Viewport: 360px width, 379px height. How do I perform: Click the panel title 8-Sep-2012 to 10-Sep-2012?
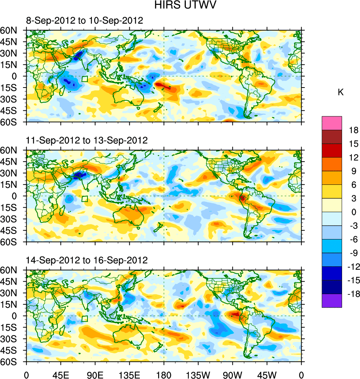84,21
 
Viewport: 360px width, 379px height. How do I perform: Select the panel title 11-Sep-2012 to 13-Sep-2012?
87,140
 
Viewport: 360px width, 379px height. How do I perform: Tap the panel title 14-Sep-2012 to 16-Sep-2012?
87,260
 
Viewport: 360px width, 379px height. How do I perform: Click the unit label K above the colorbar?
341,92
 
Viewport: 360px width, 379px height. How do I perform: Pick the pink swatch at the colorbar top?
332,123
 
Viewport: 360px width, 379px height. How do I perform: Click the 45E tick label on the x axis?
60,374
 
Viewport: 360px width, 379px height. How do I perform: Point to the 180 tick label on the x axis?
164,374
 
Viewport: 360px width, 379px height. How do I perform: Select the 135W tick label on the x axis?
198,374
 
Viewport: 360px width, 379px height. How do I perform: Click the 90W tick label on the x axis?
233,374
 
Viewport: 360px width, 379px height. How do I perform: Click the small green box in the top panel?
84,79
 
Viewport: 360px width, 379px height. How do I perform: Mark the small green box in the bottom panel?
84,318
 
